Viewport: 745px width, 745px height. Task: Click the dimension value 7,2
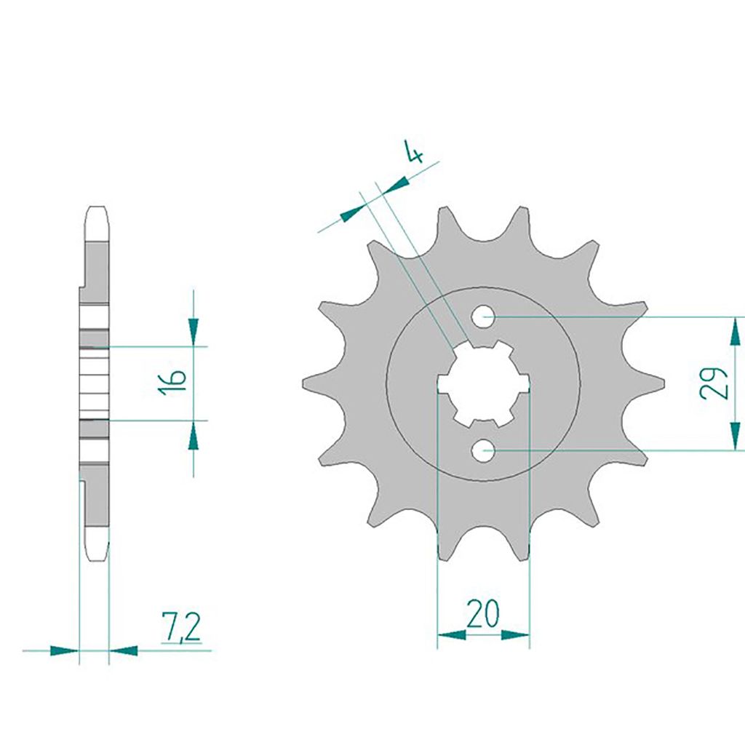(x=181, y=627)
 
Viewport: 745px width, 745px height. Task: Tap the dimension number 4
(x=414, y=151)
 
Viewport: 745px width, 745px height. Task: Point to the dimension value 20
(x=483, y=614)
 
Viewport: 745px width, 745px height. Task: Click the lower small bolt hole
(x=484, y=450)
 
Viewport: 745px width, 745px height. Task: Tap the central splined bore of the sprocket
(x=483, y=383)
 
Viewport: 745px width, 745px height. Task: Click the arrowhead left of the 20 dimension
(x=451, y=634)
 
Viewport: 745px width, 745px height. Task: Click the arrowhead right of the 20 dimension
(x=515, y=634)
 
